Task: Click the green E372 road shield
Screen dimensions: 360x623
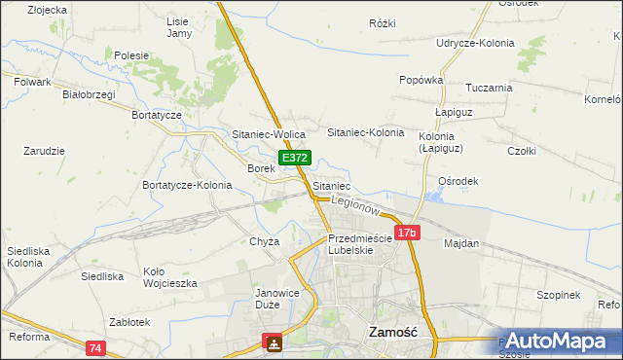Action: point(295,158)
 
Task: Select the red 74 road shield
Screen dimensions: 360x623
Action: point(94,347)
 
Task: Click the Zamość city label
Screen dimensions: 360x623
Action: point(392,331)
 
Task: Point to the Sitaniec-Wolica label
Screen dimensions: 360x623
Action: point(270,134)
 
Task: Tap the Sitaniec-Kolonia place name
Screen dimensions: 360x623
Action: point(365,131)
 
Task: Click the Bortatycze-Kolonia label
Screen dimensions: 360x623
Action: point(187,185)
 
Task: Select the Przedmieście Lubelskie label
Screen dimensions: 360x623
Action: point(359,243)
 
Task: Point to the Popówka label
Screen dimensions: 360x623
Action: point(421,80)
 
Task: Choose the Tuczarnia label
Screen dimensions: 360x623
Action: point(489,88)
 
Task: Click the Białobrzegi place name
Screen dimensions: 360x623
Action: point(89,94)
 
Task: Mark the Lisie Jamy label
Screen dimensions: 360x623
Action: point(178,27)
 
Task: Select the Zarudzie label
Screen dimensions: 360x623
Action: point(44,151)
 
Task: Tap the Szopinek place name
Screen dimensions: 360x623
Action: point(558,295)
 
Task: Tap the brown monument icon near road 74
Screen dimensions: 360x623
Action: point(273,343)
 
